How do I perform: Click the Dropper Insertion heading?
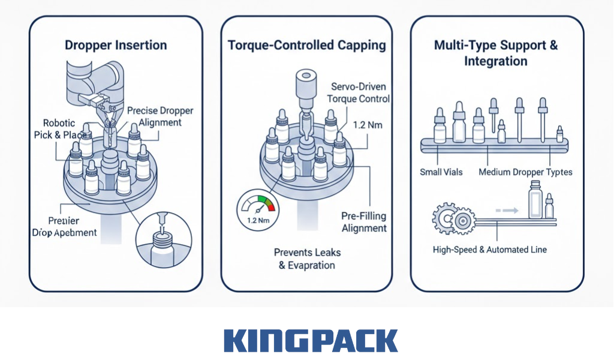click(116, 45)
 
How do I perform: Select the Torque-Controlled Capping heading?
click(307, 45)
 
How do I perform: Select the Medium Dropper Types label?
click(525, 172)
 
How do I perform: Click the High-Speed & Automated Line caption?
click(490, 249)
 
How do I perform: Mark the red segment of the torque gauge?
click(270, 204)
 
